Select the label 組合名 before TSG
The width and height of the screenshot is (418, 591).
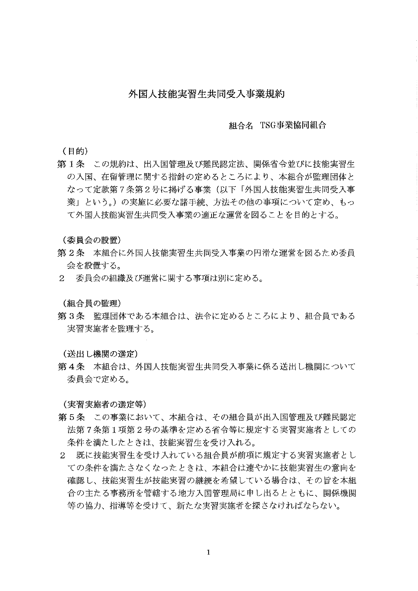click(x=240, y=126)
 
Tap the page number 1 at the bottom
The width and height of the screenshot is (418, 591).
click(x=208, y=552)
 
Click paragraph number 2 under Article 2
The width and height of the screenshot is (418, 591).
click(x=62, y=278)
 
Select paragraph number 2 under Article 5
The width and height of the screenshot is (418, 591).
click(x=62, y=456)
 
